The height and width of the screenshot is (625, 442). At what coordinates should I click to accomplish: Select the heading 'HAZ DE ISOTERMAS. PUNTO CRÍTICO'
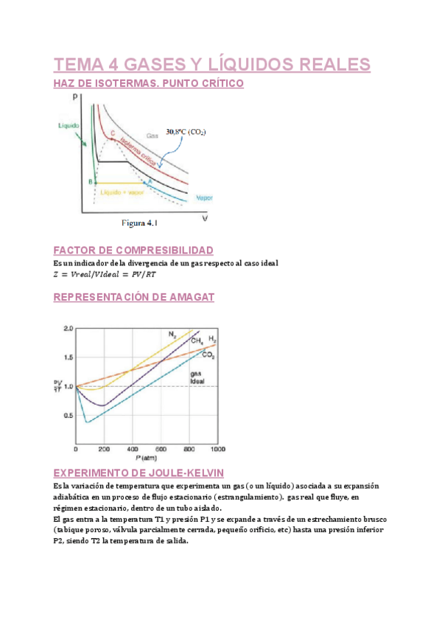click(148, 84)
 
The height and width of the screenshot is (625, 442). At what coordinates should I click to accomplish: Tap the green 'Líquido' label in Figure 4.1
click(69, 125)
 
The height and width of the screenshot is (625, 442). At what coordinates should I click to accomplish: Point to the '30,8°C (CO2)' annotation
click(186, 133)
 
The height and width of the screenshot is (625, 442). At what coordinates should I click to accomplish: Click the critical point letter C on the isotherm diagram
click(113, 133)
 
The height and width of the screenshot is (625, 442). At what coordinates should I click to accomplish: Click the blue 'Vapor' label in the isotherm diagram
click(204, 198)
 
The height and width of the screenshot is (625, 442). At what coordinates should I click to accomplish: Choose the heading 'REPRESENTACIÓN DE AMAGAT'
click(134, 297)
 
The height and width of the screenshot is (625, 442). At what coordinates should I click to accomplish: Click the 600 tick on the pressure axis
click(161, 449)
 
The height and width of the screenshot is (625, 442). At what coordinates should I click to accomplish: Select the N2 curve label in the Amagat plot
click(172, 334)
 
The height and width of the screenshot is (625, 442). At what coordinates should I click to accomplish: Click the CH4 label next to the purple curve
click(197, 341)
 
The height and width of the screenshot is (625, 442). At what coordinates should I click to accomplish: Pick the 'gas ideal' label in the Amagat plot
click(197, 377)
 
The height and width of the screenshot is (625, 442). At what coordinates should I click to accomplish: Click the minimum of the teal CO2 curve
click(87, 422)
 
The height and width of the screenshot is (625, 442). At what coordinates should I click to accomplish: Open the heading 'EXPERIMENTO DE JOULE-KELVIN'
click(138, 472)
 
